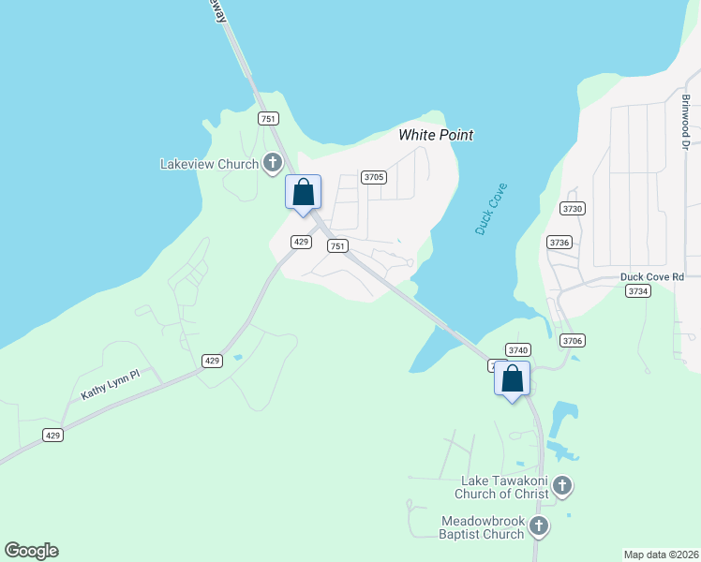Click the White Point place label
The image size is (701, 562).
(x=436, y=135)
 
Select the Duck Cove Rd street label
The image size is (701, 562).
(x=652, y=277)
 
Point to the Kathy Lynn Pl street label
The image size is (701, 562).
(x=110, y=384)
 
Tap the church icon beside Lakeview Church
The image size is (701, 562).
(x=273, y=164)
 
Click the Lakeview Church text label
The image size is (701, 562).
(x=209, y=164)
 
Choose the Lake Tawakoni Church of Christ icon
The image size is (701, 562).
(x=561, y=485)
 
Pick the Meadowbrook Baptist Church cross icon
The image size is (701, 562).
(x=538, y=526)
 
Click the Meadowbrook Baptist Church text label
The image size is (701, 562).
(x=483, y=527)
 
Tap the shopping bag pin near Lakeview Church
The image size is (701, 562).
(x=303, y=193)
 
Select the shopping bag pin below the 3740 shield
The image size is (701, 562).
(x=513, y=379)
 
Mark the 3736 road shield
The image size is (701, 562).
(x=559, y=242)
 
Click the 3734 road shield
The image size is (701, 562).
(x=637, y=291)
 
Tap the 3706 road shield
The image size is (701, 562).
(x=572, y=340)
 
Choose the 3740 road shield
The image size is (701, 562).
(x=518, y=349)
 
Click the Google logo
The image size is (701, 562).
(x=31, y=551)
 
